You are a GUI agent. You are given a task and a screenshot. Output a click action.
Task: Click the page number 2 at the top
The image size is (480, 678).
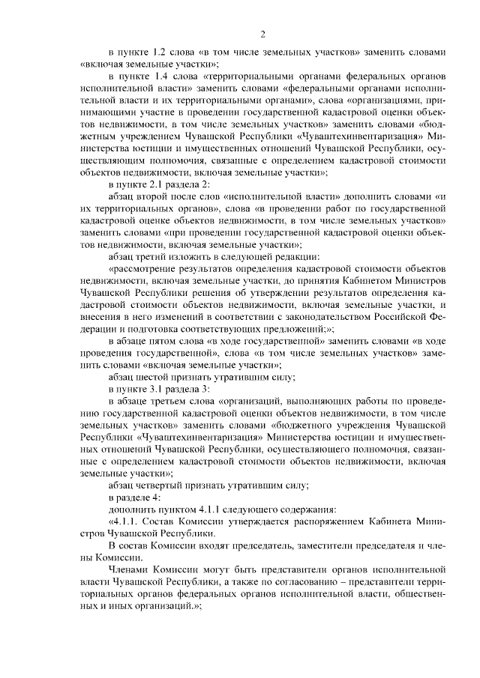click(x=263, y=34)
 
